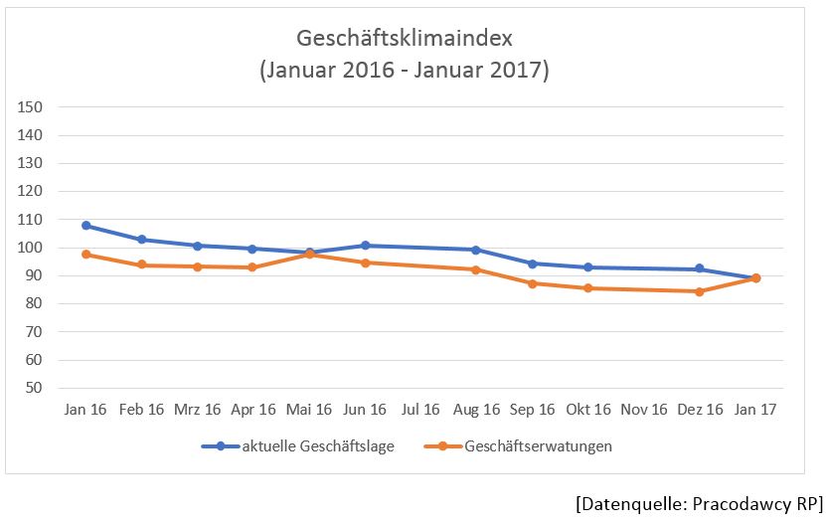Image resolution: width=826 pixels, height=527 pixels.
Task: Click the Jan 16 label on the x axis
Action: coord(85,410)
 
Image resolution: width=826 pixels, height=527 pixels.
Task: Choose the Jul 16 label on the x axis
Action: coord(420,410)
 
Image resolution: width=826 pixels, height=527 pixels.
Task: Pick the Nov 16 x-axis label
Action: coord(644,410)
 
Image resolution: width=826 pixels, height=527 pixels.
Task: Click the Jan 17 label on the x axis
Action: coord(755,410)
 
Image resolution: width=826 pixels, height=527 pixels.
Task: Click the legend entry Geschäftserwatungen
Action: coord(538,446)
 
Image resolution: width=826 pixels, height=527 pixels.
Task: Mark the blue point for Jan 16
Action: coord(86,226)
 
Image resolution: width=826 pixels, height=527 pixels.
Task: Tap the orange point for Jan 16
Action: coord(86,255)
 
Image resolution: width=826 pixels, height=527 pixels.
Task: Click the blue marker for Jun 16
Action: coord(365,246)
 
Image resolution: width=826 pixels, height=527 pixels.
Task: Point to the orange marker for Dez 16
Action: coord(700,291)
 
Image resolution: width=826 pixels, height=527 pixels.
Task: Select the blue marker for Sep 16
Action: coord(533,263)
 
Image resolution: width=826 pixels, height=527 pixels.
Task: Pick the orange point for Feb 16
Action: coord(142,264)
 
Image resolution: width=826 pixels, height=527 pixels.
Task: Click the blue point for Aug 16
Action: coord(476,250)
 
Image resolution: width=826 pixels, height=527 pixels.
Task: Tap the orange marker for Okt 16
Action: coord(588,288)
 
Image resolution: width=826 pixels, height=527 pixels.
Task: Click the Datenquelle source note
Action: coord(699,503)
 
